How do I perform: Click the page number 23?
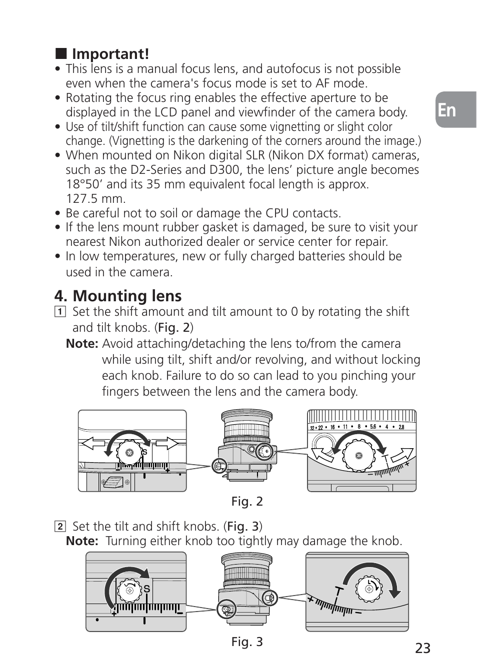[422, 648]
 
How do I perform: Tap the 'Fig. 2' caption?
[246, 501]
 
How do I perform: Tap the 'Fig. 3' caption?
[246, 642]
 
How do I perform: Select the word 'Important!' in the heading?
[110, 53]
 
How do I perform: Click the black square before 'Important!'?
[61, 53]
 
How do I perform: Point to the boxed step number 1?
[60, 312]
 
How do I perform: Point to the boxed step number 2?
[60, 527]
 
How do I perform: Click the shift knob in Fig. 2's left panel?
[129, 453]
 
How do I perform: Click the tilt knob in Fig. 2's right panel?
[358, 456]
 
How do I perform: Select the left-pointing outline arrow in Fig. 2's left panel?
[93, 443]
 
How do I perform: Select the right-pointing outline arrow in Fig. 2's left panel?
[165, 443]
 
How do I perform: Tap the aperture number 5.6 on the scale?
[373, 427]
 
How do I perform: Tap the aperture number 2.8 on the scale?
[401, 427]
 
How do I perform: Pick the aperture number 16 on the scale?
[332, 427]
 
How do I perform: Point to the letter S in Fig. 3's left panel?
[147, 590]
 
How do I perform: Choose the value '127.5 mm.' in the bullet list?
[95, 199]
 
